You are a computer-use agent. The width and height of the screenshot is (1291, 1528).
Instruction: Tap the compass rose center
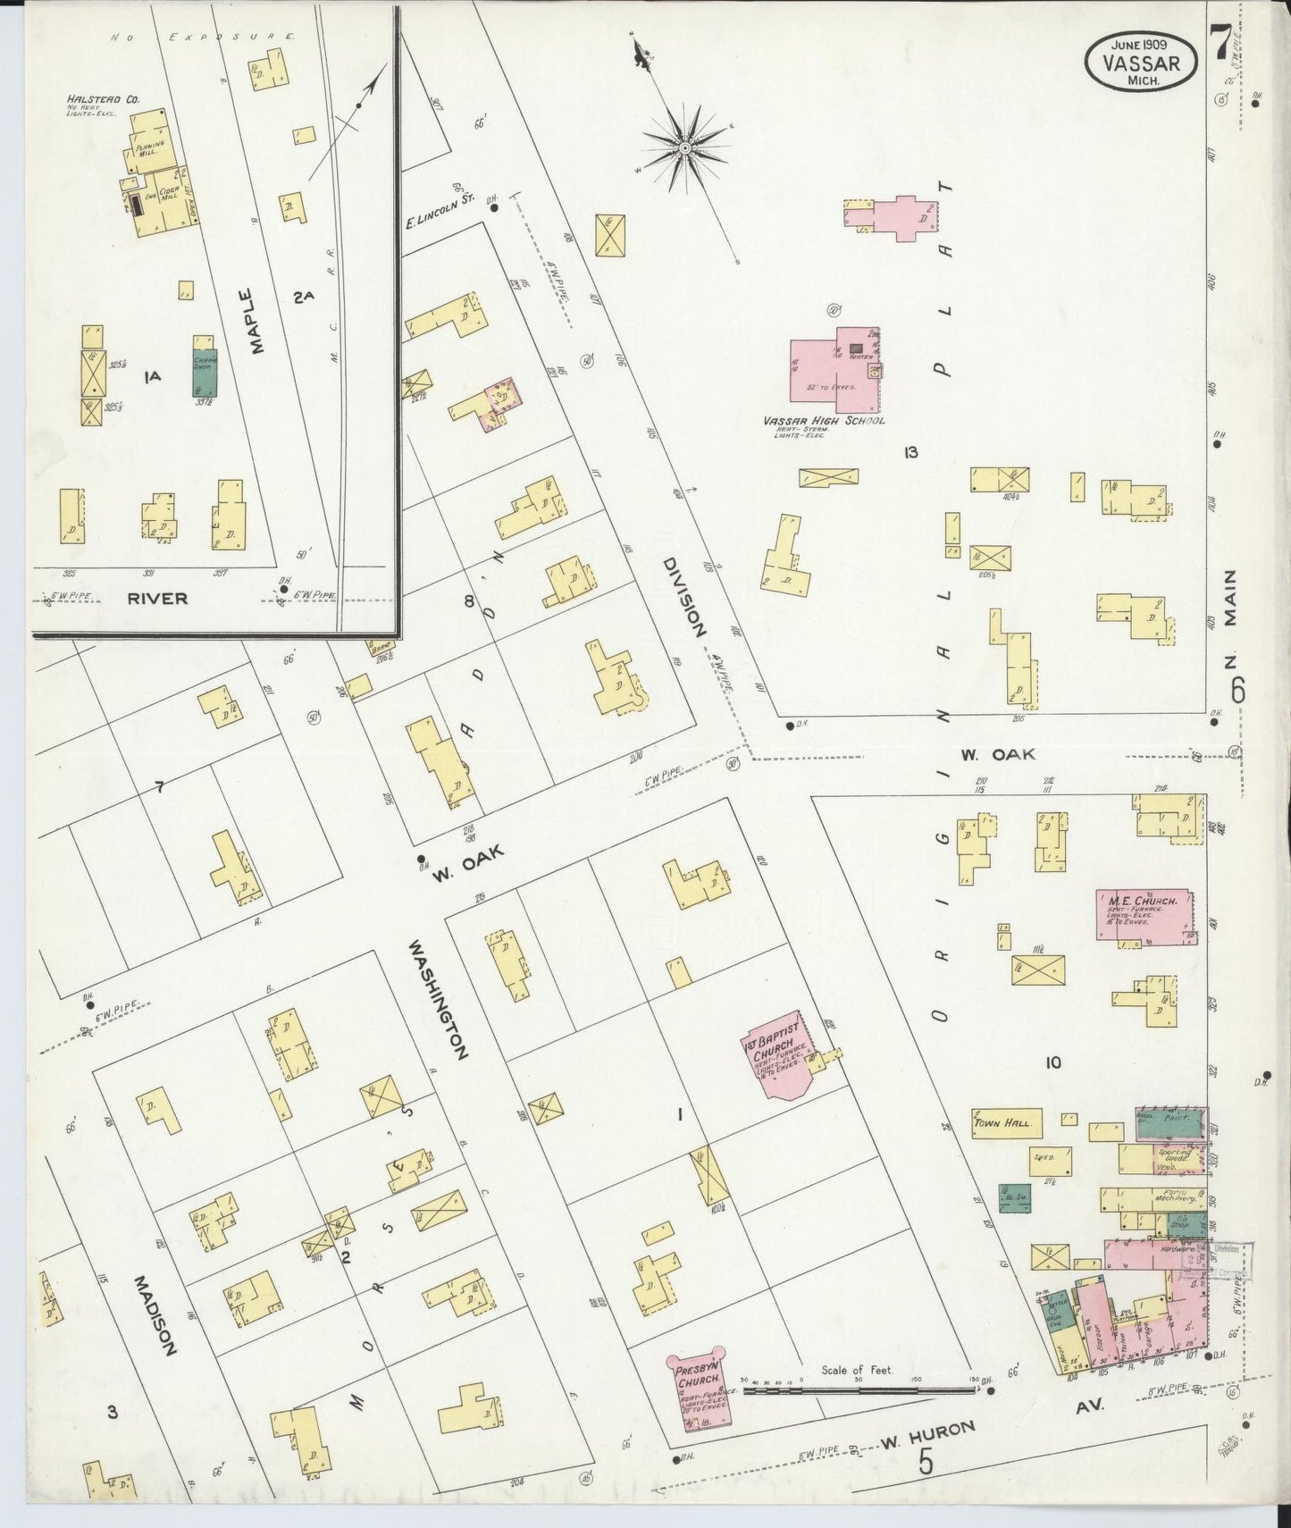pyautogui.click(x=684, y=148)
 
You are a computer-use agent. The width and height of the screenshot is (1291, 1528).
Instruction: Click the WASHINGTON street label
pyautogui.click(x=439, y=998)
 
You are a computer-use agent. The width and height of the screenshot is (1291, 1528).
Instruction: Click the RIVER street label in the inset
pyautogui.click(x=157, y=599)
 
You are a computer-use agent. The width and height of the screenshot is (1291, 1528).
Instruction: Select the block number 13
pyautogui.click(x=910, y=453)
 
